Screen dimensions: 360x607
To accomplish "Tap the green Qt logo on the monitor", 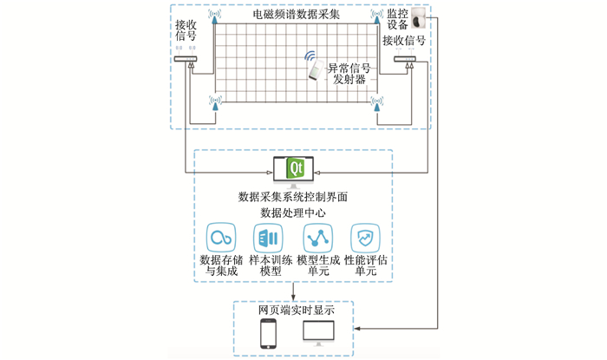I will pos(295,167).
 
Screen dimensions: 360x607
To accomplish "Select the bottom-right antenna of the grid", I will pos(377,105).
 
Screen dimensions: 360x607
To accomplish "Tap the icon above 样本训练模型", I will pos(267,238).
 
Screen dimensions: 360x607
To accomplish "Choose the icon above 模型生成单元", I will pos(316,238).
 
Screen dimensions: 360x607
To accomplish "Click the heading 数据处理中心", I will pos(295,212).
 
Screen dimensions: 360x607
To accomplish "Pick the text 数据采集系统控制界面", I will pos(295,197).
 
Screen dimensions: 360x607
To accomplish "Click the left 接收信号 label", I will pos(186,31).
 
